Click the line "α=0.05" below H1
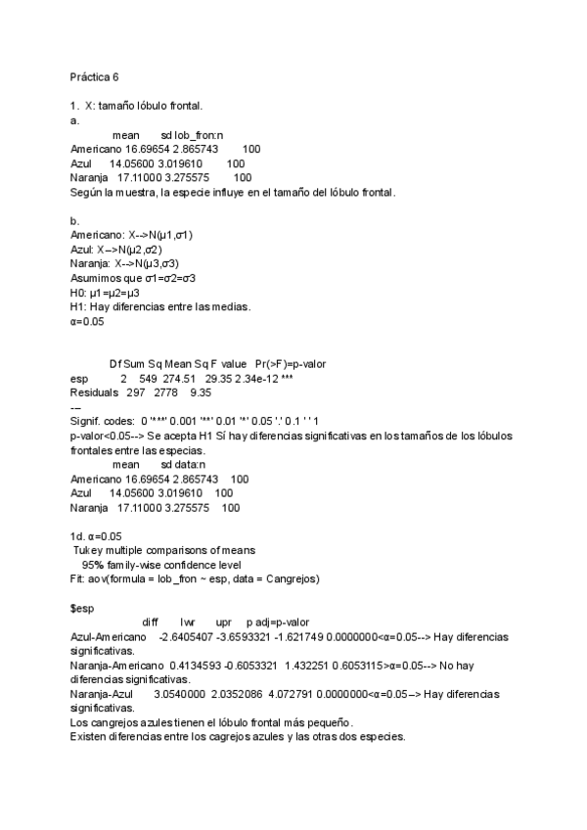87,321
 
